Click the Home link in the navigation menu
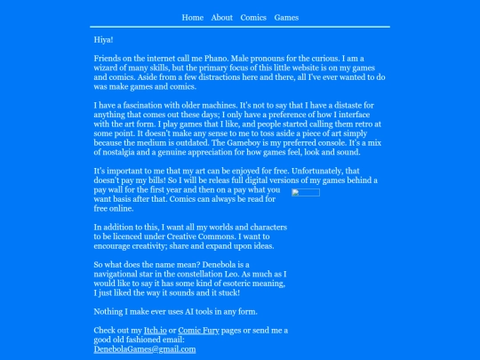pos(193,18)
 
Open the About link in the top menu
pos(222,18)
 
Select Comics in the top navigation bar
pos(253,18)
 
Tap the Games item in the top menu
pos(286,18)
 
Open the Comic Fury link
pos(196,331)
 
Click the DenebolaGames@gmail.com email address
pos(144,349)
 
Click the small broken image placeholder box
pos(306,193)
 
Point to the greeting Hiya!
pos(103,40)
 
